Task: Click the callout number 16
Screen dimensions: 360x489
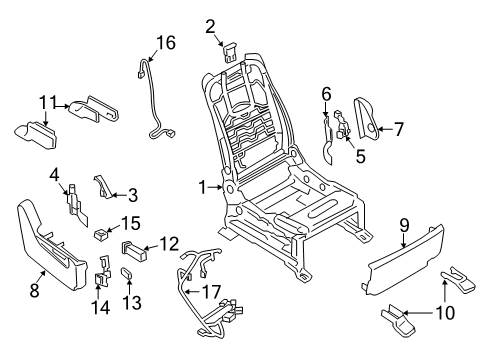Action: (164, 42)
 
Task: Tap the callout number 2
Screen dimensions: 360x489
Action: (210, 26)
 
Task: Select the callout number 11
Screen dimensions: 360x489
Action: (46, 102)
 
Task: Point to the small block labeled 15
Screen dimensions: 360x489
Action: (101, 237)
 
